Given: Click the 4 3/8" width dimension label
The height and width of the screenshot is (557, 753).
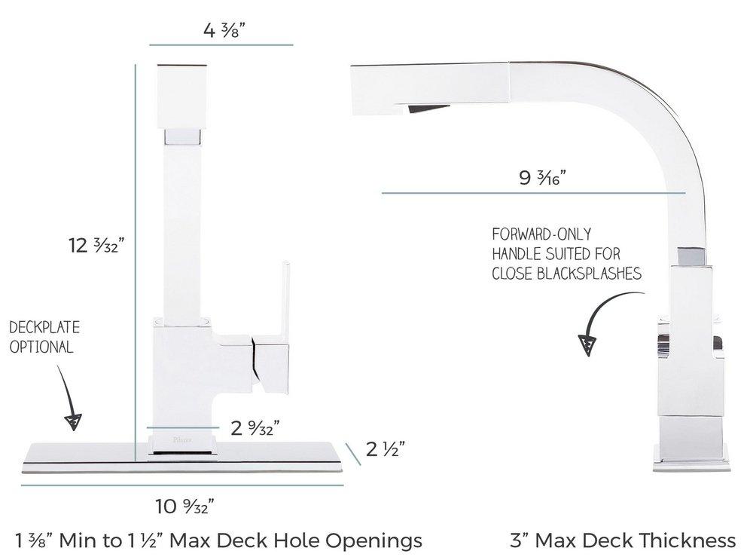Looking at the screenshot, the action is pyautogui.click(x=224, y=31).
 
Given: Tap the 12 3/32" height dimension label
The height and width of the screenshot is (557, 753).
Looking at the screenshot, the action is pyautogui.click(x=96, y=245).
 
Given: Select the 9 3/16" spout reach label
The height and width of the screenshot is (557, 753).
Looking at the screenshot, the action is pyautogui.click(x=542, y=177).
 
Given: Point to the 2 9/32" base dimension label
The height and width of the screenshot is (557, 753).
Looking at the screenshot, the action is pyautogui.click(x=255, y=427).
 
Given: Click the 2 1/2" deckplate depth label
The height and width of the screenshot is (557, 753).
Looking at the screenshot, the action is pyautogui.click(x=385, y=449).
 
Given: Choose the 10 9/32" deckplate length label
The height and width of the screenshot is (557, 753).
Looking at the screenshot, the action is pyautogui.click(x=184, y=506).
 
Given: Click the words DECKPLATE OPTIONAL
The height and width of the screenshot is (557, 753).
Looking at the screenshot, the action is pyautogui.click(x=44, y=337).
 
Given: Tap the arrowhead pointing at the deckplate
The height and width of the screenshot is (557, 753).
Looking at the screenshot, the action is pyautogui.click(x=73, y=421).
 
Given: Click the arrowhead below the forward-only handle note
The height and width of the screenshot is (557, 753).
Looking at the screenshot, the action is pyautogui.click(x=587, y=345).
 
